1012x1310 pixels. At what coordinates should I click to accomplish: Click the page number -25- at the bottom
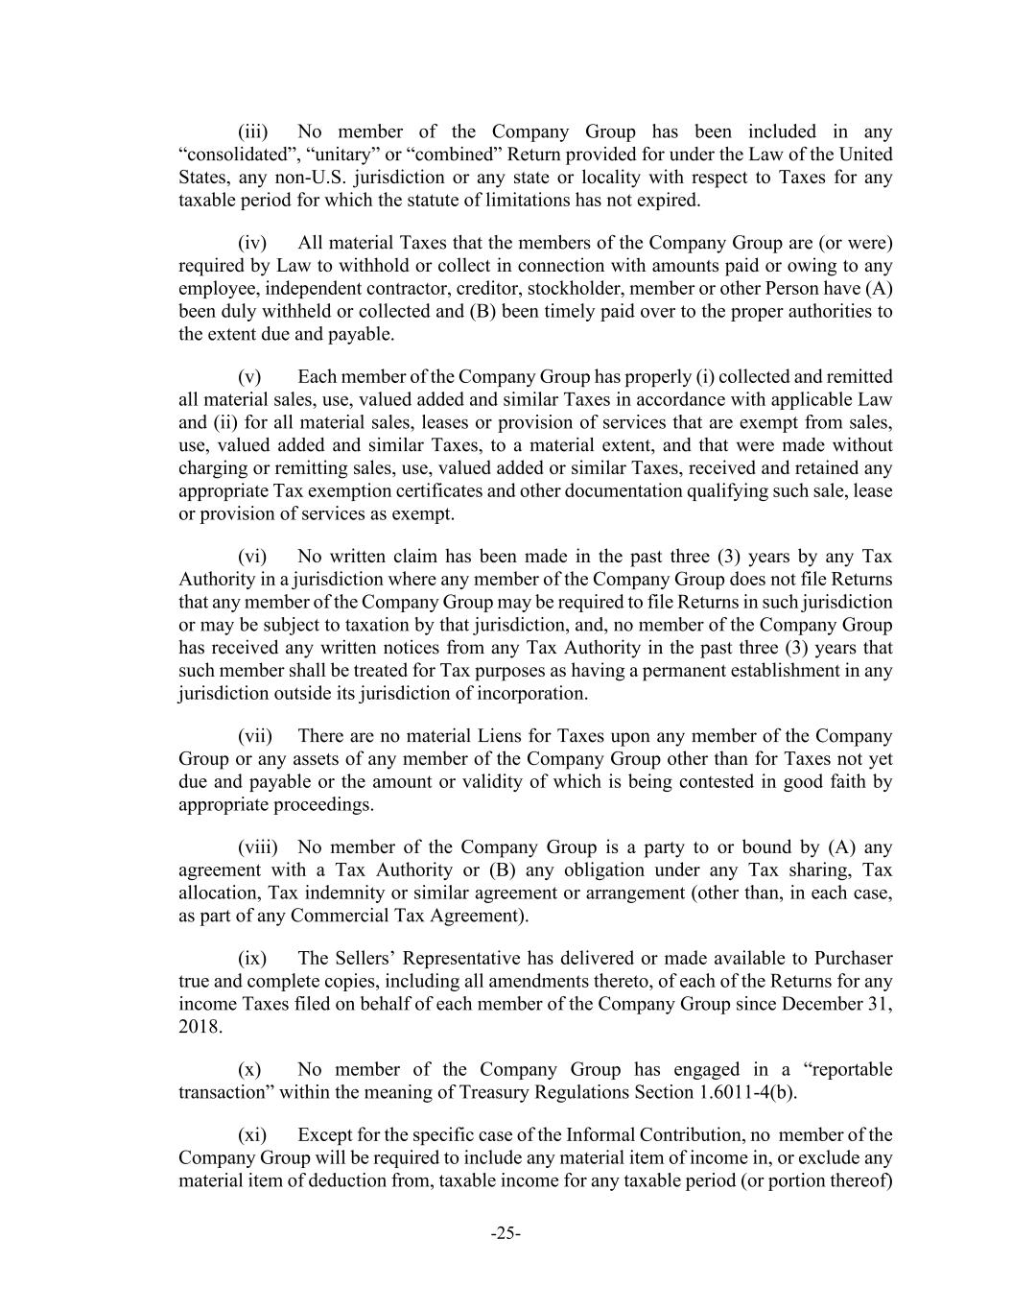[x=506, y=1233]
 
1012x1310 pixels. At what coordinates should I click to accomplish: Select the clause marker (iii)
[x=253, y=131]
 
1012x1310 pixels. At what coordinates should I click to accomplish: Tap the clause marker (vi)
[x=252, y=557]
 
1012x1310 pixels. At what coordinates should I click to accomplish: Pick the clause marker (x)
[x=249, y=1069]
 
